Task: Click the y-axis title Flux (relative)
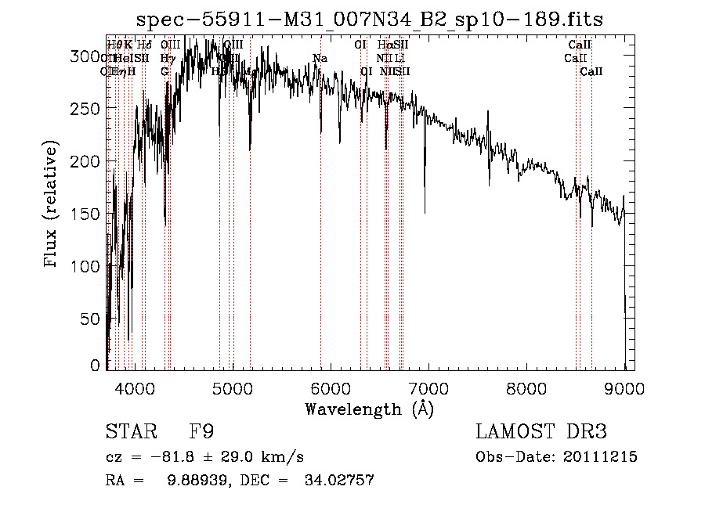click(x=52, y=204)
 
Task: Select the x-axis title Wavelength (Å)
click(x=369, y=409)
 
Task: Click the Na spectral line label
click(x=320, y=59)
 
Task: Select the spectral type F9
click(x=201, y=431)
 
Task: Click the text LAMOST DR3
click(x=541, y=431)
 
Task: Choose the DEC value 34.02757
click(x=338, y=481)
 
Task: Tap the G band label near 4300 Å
click(x=164, y=71)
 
